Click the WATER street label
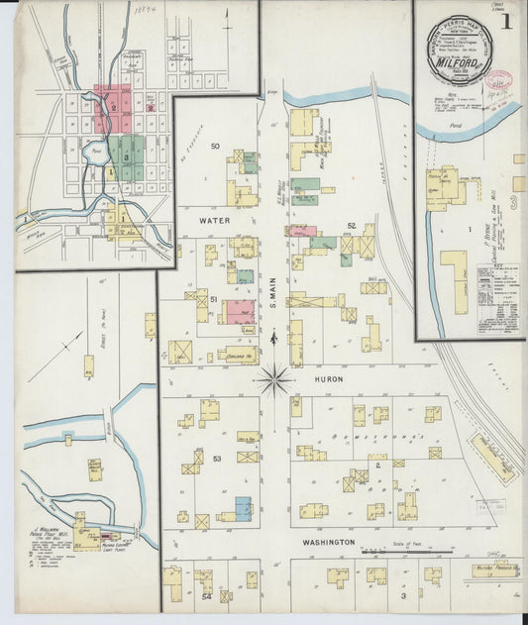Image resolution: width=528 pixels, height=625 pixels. (x=214, y=220)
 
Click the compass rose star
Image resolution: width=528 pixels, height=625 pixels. (x=274, y=376)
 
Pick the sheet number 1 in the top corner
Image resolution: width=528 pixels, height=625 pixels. (x=506, y=20)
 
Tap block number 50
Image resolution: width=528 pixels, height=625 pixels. (x=215, y=147)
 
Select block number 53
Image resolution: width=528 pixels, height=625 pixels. (x=216, y=459)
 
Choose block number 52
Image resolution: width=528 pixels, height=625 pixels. (x=352, y=226)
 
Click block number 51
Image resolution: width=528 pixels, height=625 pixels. (x=212, y=297)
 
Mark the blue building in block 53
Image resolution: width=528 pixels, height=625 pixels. (x=243, y=508)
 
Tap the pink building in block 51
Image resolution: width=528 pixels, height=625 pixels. (x=240, y=312)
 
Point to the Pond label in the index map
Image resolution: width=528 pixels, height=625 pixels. (x=99, y=155)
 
